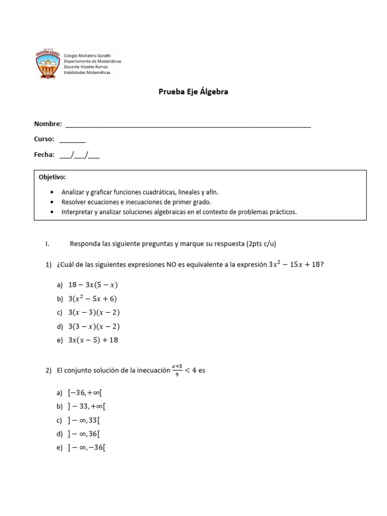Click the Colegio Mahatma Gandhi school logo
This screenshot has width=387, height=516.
click(x=48, y=64)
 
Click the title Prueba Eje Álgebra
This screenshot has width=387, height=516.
click(x=193, y=92)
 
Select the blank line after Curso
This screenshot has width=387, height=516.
click(x=72, y=140)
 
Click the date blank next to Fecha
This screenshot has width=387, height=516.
click(x=79, y=155)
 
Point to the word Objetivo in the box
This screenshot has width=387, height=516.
click(x=52, y=177)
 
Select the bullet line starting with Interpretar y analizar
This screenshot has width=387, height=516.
click(x=179, y=212)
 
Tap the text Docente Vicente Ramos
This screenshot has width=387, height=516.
click(x=86, y=67)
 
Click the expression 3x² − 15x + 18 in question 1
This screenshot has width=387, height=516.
click(x=294, y=265)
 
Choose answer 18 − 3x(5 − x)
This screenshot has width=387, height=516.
click(x=93, y=285)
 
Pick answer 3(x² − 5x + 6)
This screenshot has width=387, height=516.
click(x=92, y=298)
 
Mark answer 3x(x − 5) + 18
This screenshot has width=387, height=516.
click(x=93, y=340)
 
